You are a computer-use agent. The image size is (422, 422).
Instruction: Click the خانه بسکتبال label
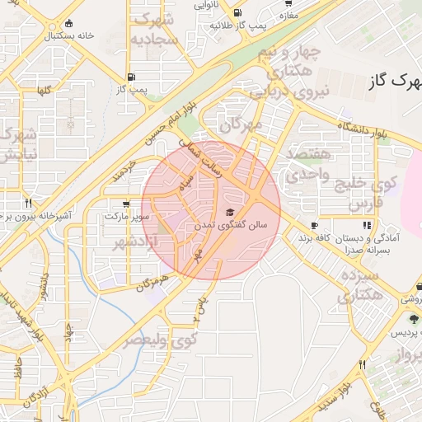tap(70, 36)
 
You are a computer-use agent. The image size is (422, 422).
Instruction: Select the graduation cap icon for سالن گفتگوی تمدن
tap(229, 213)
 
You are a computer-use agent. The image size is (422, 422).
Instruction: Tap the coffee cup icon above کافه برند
tap(314, 225)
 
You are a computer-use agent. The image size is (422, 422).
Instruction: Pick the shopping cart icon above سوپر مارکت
tap(125, 204)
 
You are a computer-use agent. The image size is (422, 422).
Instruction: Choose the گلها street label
tap(42, 91)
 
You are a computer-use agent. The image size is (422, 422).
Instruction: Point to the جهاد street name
tap(69, 330)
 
